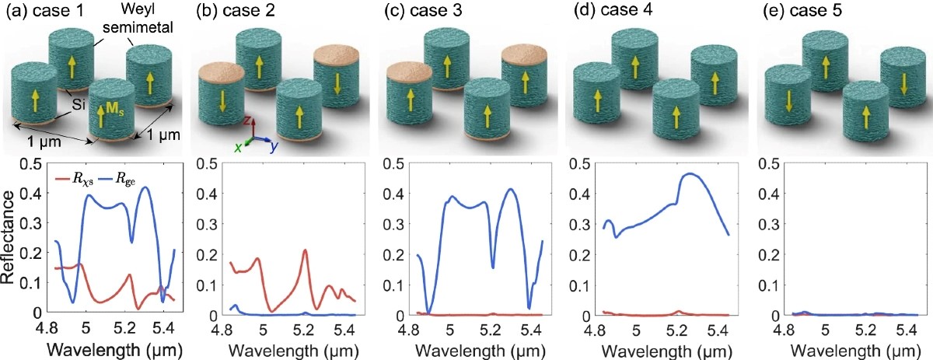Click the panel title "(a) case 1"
(44, 10)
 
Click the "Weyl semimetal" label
(138, 19)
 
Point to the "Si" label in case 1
(79, 105)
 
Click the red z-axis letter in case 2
(246, 121)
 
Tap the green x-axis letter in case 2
(238, 148)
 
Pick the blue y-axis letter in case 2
(274, 147)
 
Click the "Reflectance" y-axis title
(9, 237)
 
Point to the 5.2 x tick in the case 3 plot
(491, 330)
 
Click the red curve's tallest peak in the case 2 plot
(306, 250)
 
